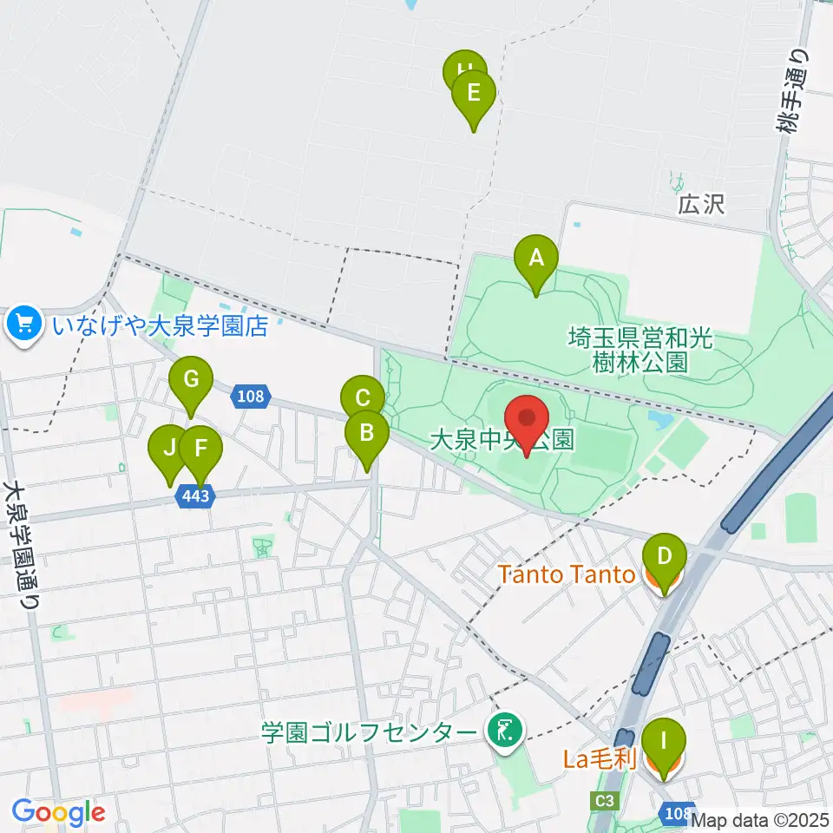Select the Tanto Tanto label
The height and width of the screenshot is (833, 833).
pos(568,574)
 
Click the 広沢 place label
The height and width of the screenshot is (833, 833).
pos(701,206)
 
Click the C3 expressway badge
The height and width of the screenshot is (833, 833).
pos(605,800)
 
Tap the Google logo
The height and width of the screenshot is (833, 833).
pos(58,813)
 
